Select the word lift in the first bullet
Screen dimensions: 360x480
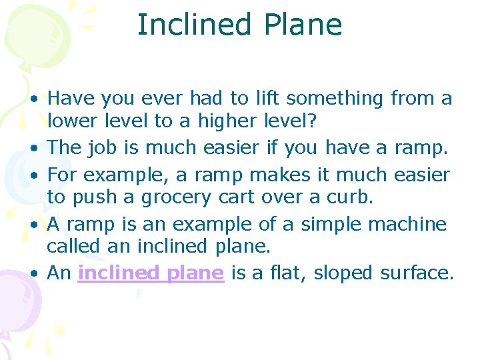click(x=267, y=99)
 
